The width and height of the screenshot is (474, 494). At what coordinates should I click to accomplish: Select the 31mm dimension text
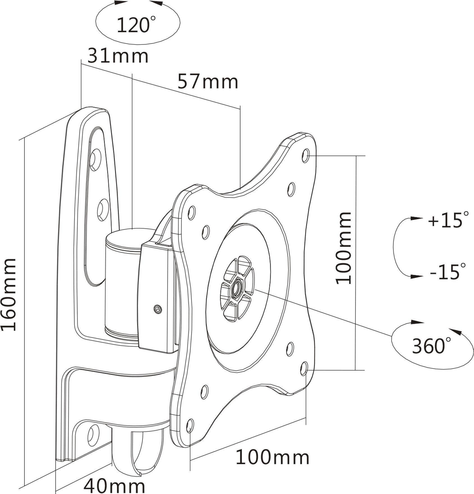click(118, 56)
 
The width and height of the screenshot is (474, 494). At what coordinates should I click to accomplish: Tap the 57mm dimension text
click(208, 82)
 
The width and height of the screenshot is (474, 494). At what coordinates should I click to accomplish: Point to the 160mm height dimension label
click(8, 294)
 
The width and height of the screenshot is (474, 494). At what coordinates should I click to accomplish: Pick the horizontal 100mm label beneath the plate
click(272, 458)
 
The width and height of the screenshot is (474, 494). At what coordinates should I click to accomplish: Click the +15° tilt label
click(448, 220)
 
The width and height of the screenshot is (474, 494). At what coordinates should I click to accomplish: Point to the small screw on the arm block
click(158, 309)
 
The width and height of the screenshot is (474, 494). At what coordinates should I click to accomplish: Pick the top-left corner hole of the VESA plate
click(192, 213)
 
